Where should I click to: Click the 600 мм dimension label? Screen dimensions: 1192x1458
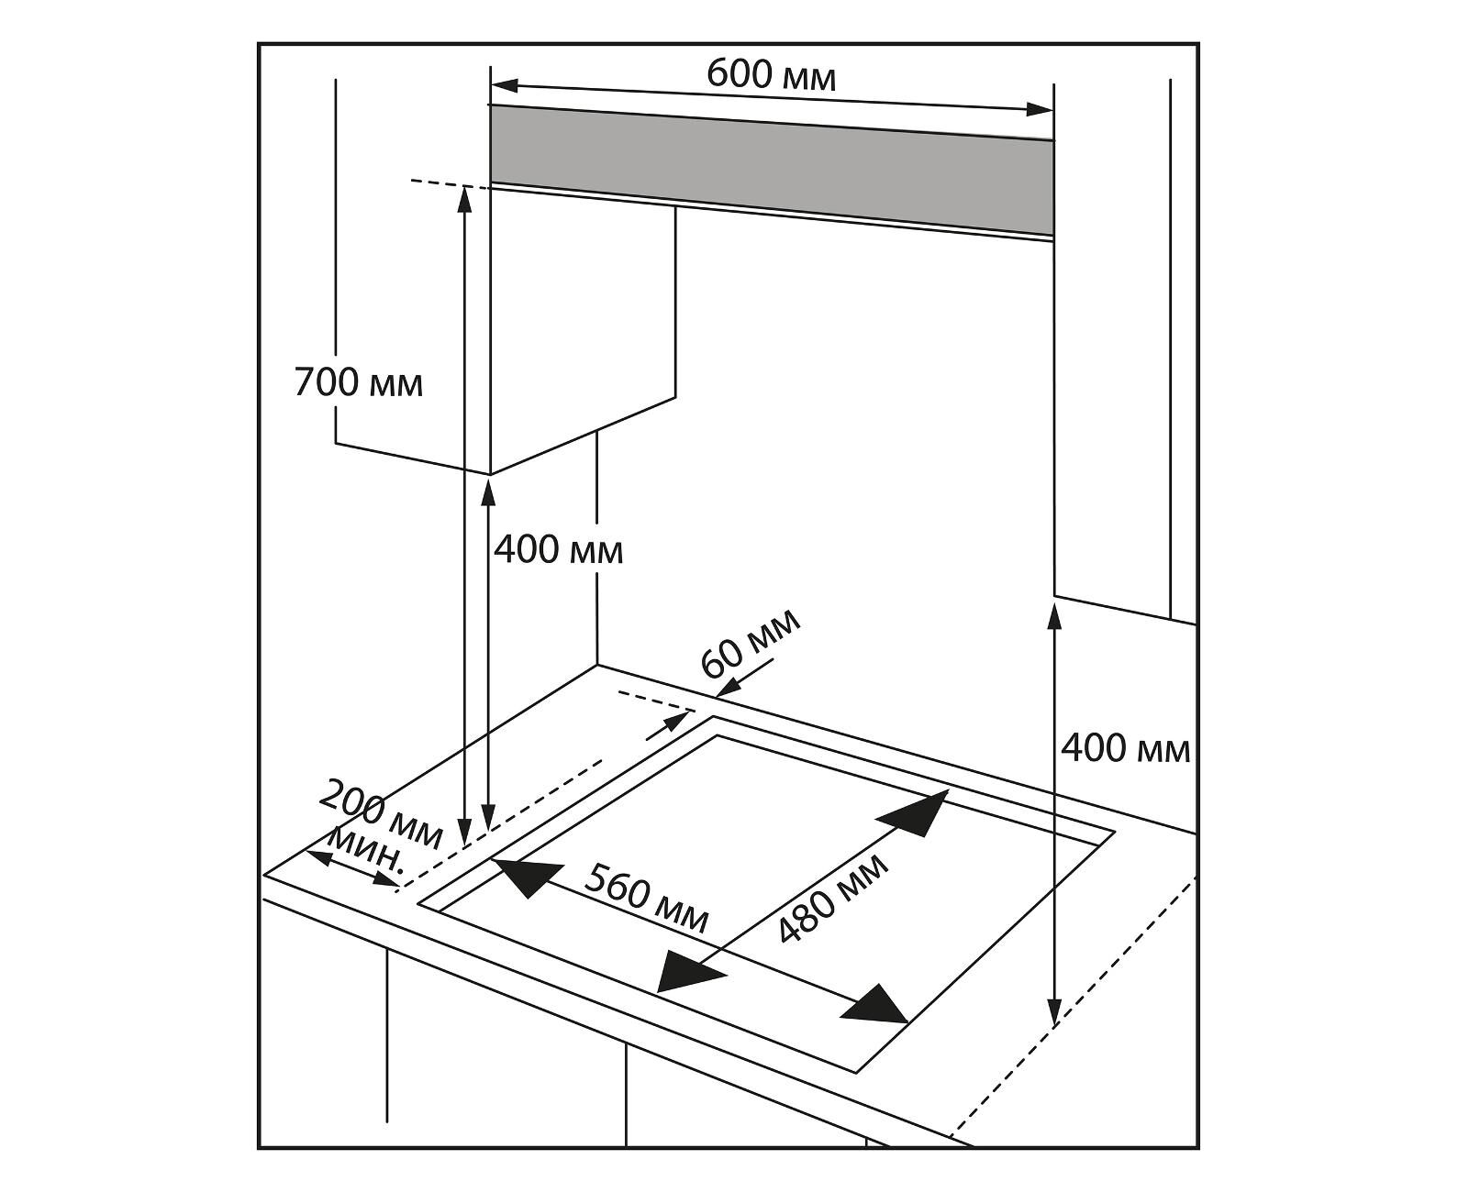click(771, 75)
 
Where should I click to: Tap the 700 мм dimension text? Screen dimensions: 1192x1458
click(359, 381)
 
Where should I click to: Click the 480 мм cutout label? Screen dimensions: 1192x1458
click(832, 899)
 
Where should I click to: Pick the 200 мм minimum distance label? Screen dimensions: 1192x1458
click(381, 814)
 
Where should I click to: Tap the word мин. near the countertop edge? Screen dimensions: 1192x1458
click(365, 852)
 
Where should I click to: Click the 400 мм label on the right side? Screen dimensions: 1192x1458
click(1125, 749)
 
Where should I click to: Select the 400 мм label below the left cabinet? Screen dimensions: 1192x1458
click(558, 550)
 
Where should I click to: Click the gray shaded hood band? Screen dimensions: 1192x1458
click(771, 170)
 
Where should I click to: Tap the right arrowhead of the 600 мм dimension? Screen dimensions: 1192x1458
click(1039, 110)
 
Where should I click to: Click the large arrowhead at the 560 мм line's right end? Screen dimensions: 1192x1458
click(876, 1006)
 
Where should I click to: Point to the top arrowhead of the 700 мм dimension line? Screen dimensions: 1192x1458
click(465, 199)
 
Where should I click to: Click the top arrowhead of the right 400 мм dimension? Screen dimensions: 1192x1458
click(1055, 618)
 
